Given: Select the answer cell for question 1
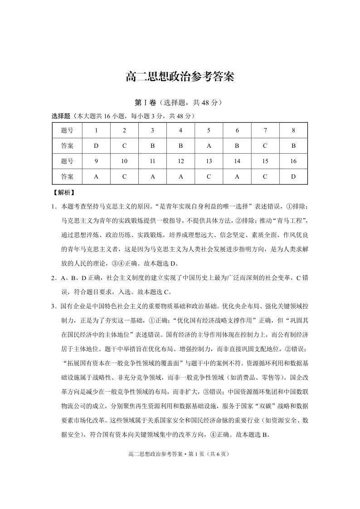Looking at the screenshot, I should [96, 146].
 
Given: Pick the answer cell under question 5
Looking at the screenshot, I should [209, 146].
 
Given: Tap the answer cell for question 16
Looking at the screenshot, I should [293, 176].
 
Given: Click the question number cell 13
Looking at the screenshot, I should [209, 161].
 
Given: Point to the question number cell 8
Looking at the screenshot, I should [293, 131].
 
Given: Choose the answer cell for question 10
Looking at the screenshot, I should [124, 176].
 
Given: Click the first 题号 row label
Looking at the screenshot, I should [67, 131].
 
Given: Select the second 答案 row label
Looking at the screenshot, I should [67, 176].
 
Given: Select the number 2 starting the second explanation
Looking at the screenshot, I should [53, 278].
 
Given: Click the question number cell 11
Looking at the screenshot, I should [152, 161].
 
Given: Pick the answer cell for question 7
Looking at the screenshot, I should [265, 146].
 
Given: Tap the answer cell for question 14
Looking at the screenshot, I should [237, 176].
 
